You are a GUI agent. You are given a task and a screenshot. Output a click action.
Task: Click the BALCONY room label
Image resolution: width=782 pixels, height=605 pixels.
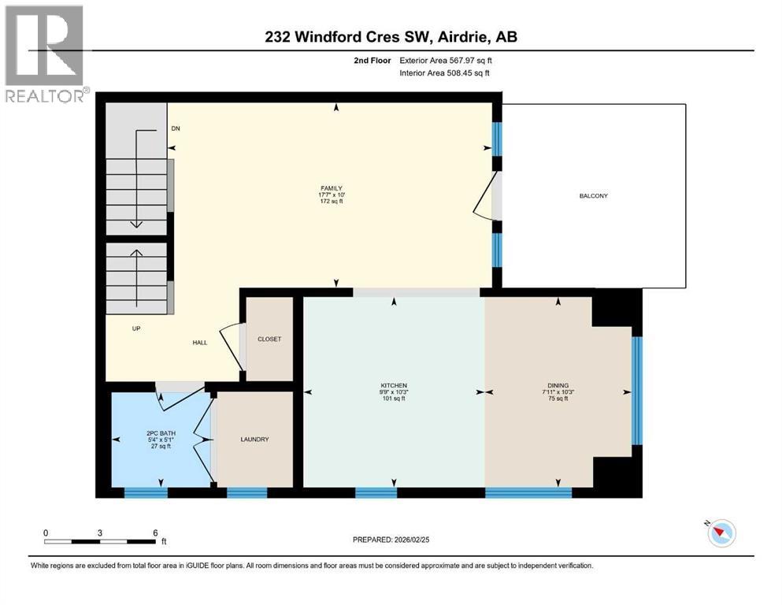(596, 196)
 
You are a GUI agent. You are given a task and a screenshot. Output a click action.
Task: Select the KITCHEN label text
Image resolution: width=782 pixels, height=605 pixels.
(394, 385)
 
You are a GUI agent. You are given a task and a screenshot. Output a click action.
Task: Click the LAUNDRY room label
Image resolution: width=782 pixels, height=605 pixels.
(254, 440)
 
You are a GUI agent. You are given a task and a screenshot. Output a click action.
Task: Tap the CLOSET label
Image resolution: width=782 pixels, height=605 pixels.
(269, 339)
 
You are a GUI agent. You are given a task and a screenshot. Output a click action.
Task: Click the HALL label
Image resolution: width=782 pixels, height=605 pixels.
(200, 343)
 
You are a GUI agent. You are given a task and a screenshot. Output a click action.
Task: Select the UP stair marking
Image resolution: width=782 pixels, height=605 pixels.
(136, 328)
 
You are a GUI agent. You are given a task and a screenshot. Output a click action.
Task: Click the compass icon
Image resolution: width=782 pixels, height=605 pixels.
(721, 533)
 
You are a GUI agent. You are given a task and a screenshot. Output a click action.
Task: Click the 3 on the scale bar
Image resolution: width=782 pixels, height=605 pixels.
(99, 533)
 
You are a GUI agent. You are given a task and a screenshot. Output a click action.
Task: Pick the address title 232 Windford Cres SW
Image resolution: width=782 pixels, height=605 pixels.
(391, 37)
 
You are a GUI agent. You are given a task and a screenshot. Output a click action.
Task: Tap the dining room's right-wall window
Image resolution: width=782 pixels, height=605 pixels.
(637, 391)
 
